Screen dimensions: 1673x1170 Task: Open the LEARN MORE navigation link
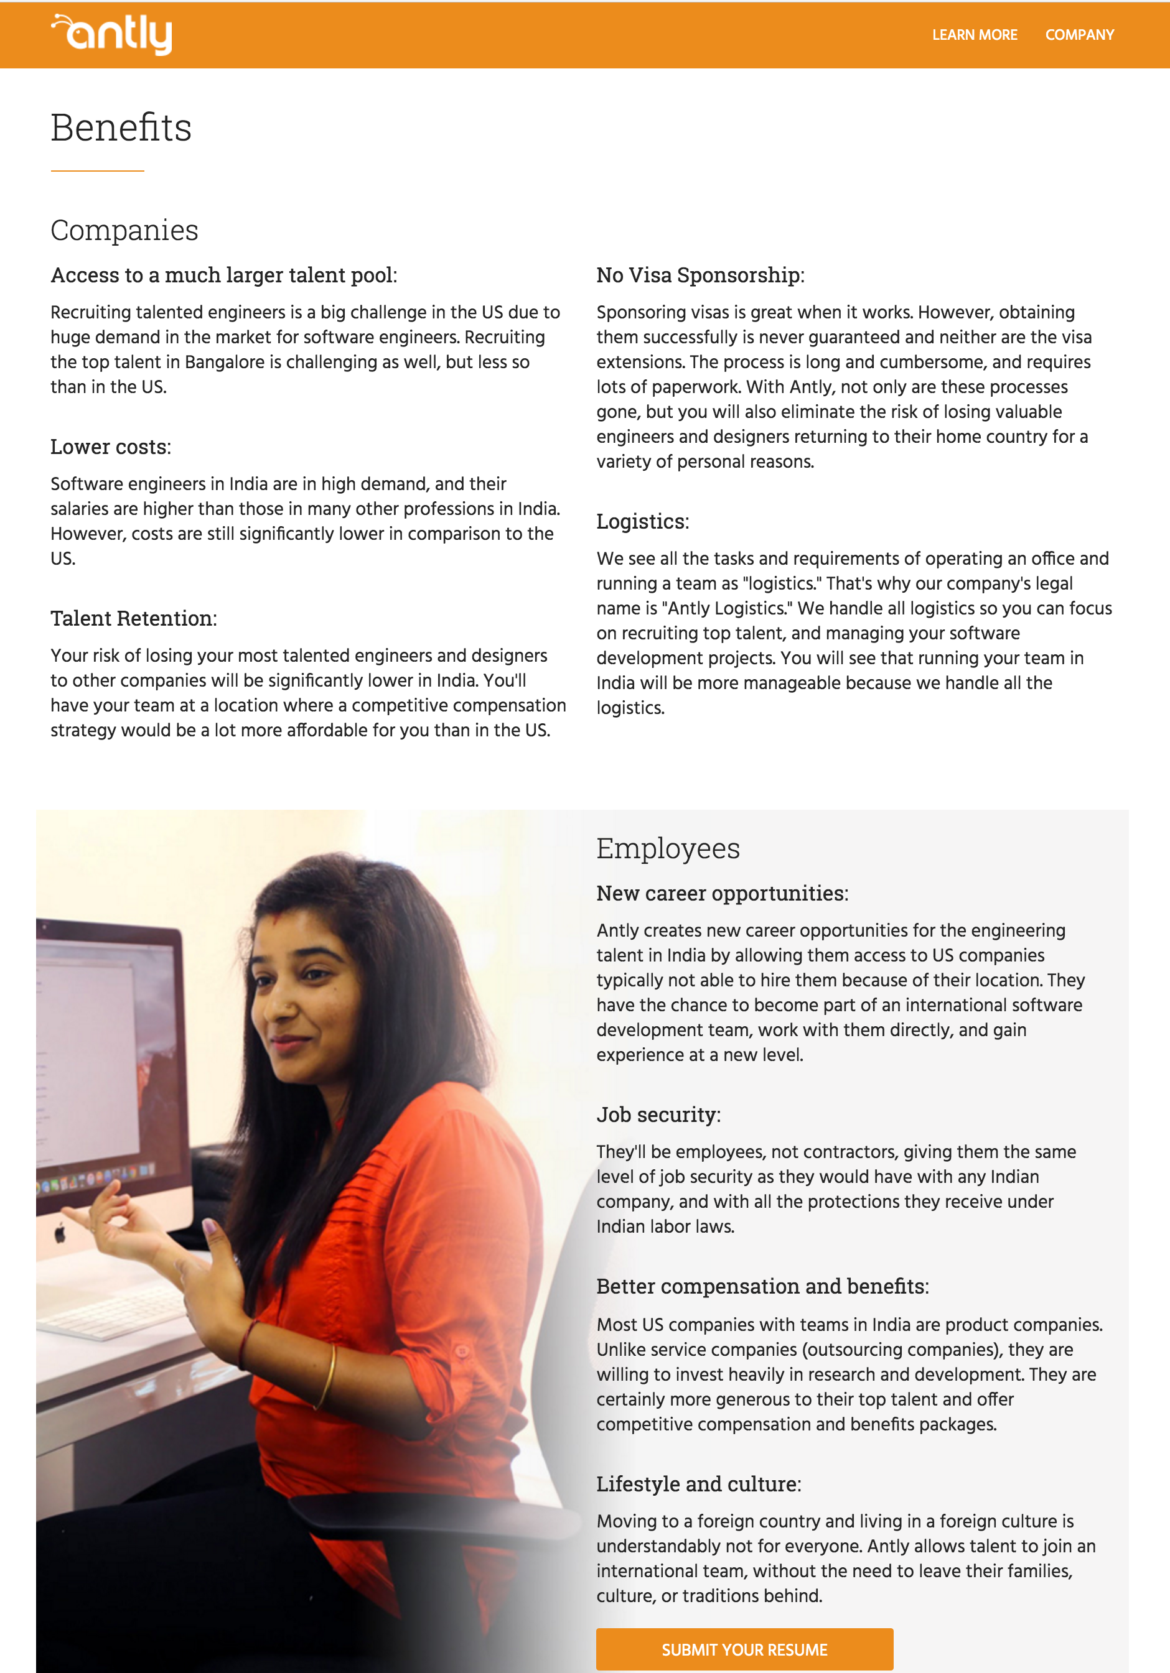click(x=974, y=35)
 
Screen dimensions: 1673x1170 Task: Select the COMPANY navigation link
click(x=1079, y=35)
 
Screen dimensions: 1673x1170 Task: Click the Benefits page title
click(x=121, y=128)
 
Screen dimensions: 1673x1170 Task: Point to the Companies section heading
click(x=124, y=230)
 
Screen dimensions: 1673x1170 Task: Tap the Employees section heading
click(x=667, y=849)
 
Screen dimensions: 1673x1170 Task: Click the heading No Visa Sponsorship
click(x=700, y=276)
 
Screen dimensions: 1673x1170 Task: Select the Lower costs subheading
click(x=110, y=447)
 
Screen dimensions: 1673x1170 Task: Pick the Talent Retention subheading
click(x=133, y=619)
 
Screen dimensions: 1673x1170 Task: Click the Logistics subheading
click(x=642, y=522)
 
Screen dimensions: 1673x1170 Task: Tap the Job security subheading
click(x=658, y=1115)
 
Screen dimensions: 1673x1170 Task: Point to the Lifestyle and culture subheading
click(x=698, y=1485)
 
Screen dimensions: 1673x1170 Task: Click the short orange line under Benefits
click(x=97, y=170)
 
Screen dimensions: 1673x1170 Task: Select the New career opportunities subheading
click(x=722, y=893)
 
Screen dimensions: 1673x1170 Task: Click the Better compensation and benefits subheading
click(x=762, y=1287)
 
